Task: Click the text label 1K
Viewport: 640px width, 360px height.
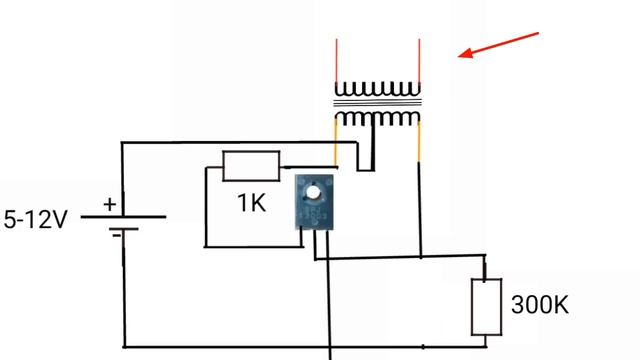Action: point(251,204)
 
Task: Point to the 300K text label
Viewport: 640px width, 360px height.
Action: point(539,304)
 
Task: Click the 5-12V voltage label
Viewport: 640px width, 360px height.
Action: point(36,218)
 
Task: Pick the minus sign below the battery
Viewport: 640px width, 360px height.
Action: point(117,235)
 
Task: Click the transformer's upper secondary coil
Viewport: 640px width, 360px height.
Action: point(378,90)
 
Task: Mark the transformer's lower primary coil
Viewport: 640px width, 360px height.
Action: point(378,119)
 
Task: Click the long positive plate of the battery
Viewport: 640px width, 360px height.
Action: point(124,216)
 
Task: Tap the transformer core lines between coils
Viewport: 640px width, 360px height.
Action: point(378,104)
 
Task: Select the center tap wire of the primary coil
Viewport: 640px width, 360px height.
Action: point(374,145)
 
